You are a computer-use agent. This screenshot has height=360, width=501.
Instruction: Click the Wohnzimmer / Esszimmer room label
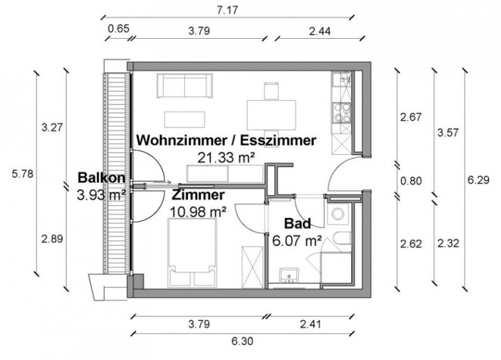pyautogui.click(x=226, y=140)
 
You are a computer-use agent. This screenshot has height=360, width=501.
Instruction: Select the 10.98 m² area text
pyautogui.click(x=198, y=211)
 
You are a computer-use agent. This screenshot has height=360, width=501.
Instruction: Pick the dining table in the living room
pyautogui.click(x=271, y=113)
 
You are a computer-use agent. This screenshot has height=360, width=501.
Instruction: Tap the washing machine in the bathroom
pyautogui.click(x=338, y=213)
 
